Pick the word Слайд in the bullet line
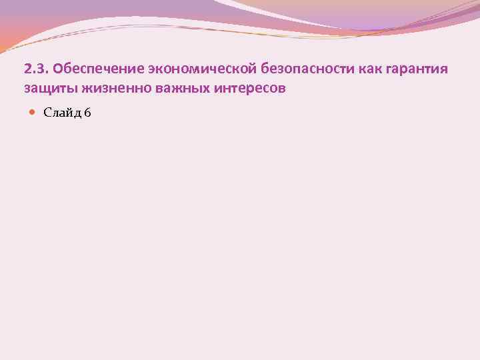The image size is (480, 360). tap(61, 113)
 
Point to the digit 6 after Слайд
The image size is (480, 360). tap(88, 113)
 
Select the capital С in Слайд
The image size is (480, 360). tap(47, 113)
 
